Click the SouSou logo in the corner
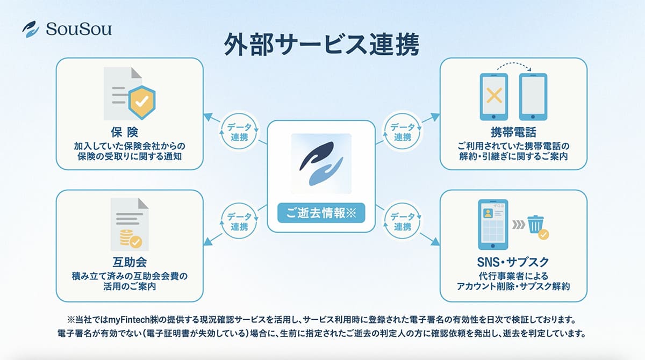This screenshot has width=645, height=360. [x=67, y=28]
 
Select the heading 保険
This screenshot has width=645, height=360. [x=130, y=133]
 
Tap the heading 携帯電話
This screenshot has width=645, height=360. [x=513, y=133]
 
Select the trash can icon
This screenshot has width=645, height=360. [x=535, y=224]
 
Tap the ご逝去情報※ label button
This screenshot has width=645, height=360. [x=321, y=213]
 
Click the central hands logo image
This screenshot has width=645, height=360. [x=321, y=163]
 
